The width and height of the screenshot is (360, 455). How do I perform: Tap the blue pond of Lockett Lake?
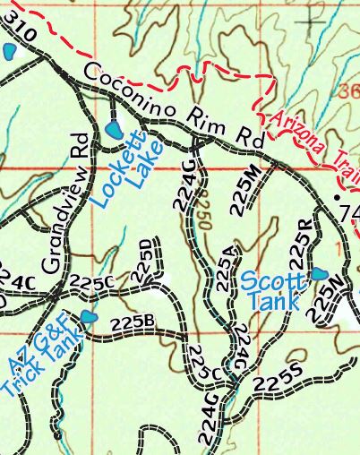[114, 130]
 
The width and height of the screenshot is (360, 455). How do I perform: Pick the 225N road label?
[323, 299]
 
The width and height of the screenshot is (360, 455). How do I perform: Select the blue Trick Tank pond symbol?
[88, 317]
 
